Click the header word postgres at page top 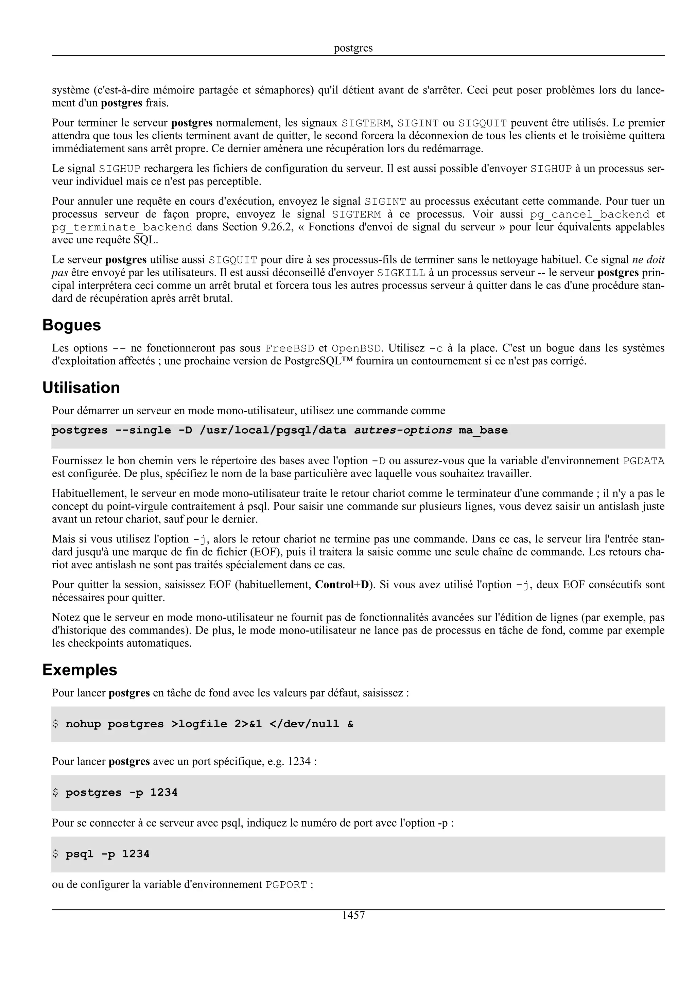coord(353,48)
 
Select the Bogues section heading coord(72,325)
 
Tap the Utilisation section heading coord(81,388)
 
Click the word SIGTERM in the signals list coord(366,123)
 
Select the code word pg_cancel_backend coord(590,214)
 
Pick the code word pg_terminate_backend coord(122,227)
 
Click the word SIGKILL coord(401,273)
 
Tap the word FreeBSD coord(290,348)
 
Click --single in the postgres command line coord(143,430)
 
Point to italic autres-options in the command coord(403,430)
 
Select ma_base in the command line coord(483,430)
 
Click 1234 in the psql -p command coord(136,854)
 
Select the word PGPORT coord(286,885)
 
